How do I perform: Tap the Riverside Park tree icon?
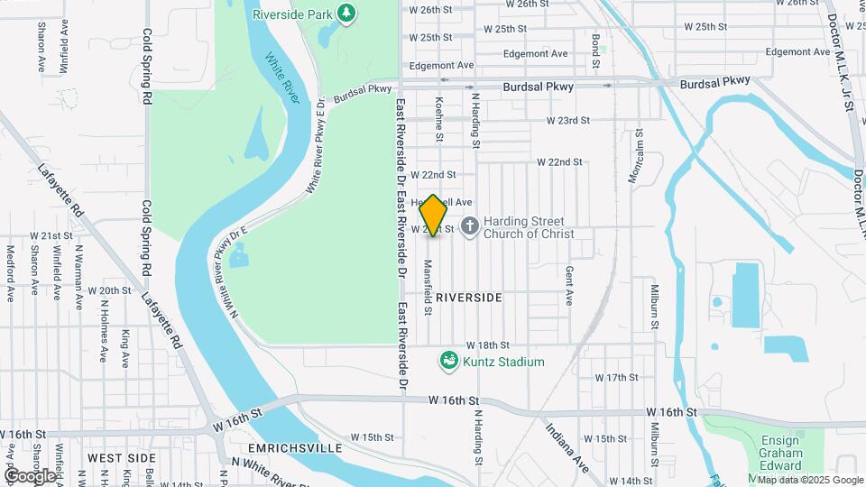(345, 13)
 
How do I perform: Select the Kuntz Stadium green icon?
(447, 362)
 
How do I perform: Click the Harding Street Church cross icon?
(469, 226)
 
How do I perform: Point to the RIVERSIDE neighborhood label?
(468, 297)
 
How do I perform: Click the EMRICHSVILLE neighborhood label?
(295, 447)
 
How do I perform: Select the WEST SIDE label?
(117, 459)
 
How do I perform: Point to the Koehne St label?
(439, 119)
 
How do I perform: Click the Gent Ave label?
(569, 284)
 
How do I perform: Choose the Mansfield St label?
(428, 288)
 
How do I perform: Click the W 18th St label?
(488, 345)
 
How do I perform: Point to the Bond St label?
(595, 52)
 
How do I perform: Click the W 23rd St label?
(567, 120)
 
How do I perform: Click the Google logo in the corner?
(29, 475)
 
